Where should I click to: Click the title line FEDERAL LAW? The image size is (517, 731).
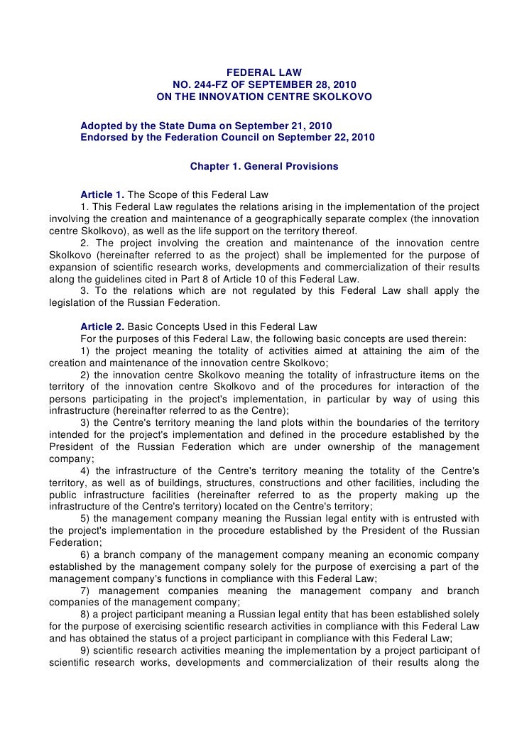264,72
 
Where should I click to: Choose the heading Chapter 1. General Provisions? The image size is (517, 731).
264,167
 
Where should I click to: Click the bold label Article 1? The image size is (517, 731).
101,195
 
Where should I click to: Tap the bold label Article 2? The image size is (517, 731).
101,327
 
